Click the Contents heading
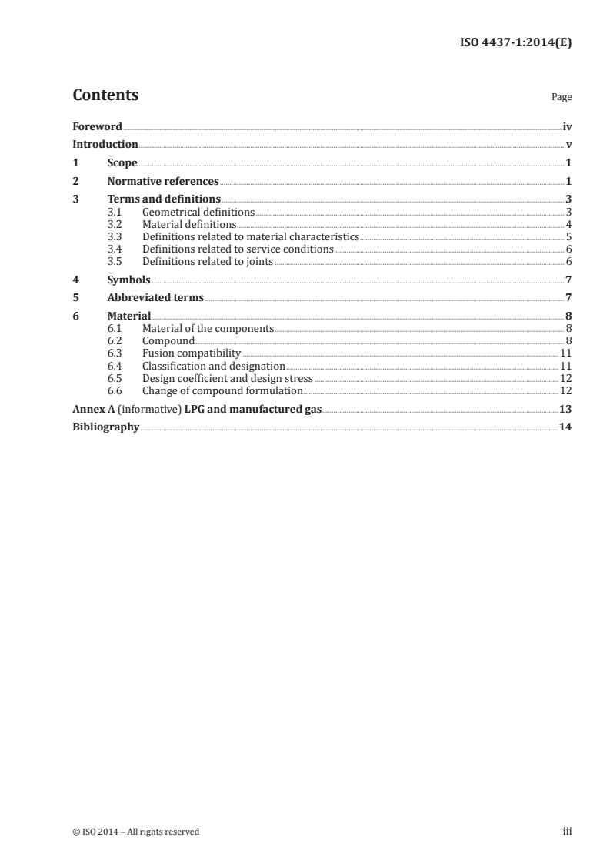tap(105, 95)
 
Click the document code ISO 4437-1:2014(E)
tap(515, 43)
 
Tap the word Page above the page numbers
tap(562, 98)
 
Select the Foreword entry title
tap(97, 126)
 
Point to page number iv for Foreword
tap(567, 126)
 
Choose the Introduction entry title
tap(105, 145)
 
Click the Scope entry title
tap(122, 163)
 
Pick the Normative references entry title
tap(163, 182)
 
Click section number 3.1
tap(115, 212)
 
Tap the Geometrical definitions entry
tap(198, 212)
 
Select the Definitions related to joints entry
tap(208, 261)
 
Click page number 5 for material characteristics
tap(568, 236)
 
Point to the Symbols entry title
tap(128, 280)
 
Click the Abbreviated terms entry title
tap(155, 298)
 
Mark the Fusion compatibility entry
tap(192, 353)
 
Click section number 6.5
tap(115, 378)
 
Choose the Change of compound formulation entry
tap(222, 390)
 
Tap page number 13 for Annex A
tap(565, 409)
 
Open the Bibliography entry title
tap(106, 427)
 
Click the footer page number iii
tap(568, 831)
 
